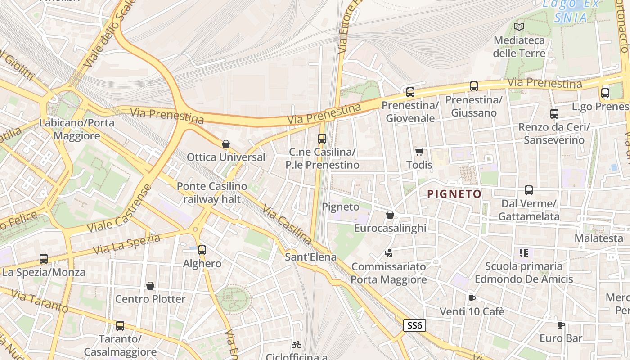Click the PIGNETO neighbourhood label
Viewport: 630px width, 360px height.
point(454,194)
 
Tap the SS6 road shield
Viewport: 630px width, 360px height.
point(414,325)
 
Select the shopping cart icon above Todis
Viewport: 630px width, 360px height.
point(419,152)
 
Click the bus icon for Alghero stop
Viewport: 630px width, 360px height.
point(202,250)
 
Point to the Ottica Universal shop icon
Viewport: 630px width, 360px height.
point(226,144)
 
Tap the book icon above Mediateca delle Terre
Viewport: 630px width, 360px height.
point(519,27)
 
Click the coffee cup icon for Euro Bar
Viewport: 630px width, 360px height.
point(561,325)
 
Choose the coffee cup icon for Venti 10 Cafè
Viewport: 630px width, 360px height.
point(472,298)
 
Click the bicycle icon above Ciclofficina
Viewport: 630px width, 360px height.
point(296,345)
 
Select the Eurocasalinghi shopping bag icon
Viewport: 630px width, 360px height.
point(390,215)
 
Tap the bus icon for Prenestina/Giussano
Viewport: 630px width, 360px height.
point(473,86)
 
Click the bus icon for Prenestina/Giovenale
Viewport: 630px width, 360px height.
point(410,92)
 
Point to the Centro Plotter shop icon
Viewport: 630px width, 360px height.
point(150,286)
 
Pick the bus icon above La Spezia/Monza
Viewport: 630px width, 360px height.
point(43,259)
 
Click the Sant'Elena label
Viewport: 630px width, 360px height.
point(311,257)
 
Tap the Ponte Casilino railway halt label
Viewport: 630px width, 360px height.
point(212,193)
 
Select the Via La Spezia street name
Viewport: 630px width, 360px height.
point(126,244)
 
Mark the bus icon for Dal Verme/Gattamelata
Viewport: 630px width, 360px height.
point(529,190)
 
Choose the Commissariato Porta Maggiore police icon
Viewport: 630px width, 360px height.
point(388,253)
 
